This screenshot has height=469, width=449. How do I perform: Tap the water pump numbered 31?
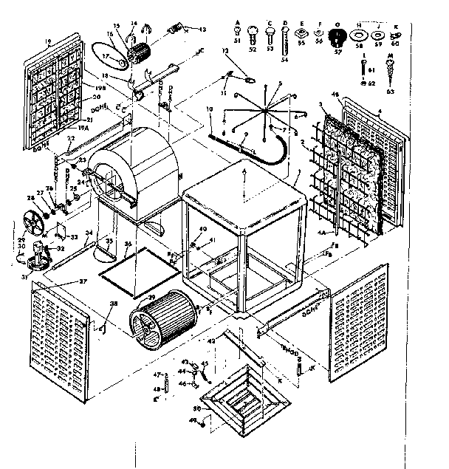(35, 259)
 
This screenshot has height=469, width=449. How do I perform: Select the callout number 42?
(210, 341)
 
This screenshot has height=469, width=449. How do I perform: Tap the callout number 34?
(88, 233)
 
